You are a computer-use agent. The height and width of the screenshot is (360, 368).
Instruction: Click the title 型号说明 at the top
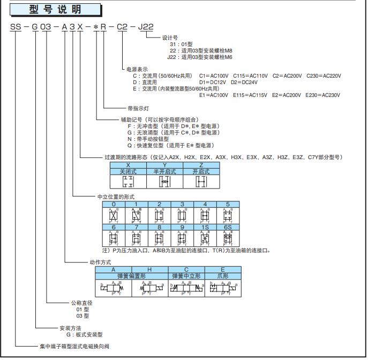point(55,9)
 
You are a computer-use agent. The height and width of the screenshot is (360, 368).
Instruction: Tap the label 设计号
point(170,38)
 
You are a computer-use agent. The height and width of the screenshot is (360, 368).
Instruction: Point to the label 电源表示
point(136,69)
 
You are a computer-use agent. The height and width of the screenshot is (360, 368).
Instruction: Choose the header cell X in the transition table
point(129,164)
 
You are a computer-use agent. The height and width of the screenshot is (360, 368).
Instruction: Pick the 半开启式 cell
point(165,171)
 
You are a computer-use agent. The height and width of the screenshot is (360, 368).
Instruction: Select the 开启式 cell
point(201,171)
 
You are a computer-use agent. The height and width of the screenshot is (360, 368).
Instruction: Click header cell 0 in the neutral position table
point(114,204)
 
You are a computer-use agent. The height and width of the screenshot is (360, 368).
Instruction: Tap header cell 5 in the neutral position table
point(228,204)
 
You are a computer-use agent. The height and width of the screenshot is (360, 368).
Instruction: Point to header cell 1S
point(205,227)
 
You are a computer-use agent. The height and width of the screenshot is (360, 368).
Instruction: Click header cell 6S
point(228,227)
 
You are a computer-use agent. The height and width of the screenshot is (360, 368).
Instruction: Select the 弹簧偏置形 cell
point(132,276)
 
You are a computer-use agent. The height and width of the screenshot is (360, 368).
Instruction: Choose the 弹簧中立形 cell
point(186,276)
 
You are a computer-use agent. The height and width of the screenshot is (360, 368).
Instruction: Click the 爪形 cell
point(223,276)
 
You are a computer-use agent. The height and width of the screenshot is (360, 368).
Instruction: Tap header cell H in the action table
point(150,269)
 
